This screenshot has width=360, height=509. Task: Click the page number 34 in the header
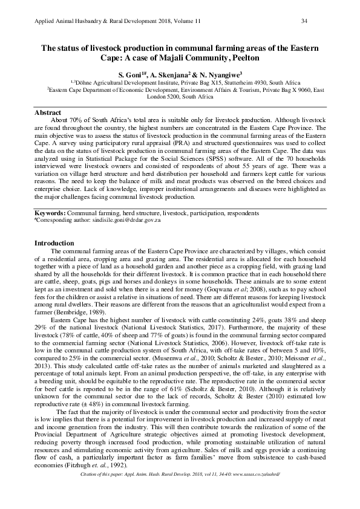coord(304,21)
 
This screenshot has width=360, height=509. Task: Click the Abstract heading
coord(48,113)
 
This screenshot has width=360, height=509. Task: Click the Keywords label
coord(49,213)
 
